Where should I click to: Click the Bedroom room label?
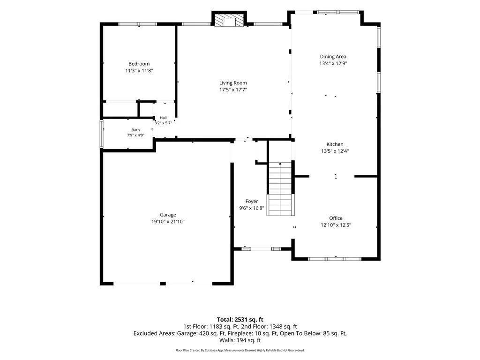(139, 64)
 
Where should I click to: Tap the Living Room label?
(233, 82)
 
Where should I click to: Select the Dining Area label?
(333, 56)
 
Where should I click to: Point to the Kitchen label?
(335, 144)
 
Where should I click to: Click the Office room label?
(336, 218)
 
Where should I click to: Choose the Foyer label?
(252, 201)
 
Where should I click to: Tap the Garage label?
(168, 215)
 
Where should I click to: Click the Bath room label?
(135, 130)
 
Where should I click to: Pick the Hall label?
(163, 118)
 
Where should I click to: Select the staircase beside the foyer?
(280, 189)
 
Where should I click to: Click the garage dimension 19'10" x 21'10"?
(168, 222)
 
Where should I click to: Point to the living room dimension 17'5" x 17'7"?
(233, 90)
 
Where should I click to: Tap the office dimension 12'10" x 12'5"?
(336, 225)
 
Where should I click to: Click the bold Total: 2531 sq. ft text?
(240, 320)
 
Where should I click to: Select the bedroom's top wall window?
(137, 24)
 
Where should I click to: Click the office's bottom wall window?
(335, 259)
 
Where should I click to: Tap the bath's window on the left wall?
(102, 134)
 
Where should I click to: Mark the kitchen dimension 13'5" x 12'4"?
(335, 151)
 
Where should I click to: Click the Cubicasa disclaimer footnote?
(240, 350)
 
